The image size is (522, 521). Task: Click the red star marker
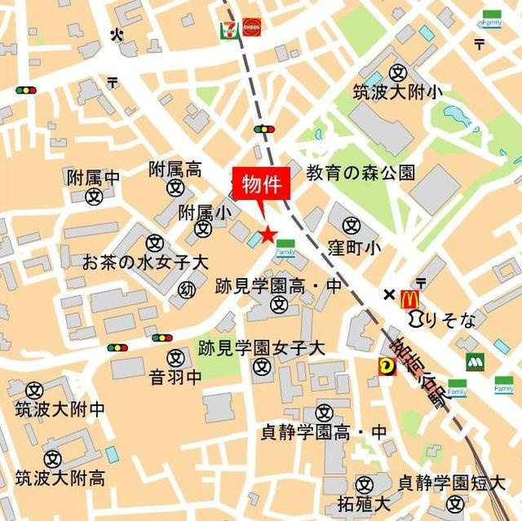tap(268, 235)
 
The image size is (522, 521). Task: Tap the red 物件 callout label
tap(263, 184)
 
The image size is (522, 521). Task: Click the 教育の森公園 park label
tap(361, 172)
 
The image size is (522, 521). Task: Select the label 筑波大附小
tap(398, 92)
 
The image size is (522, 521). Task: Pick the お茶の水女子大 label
tap(146, 263)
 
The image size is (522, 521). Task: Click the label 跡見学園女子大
tap(262, 348)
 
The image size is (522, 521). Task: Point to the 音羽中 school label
tap(175, 378)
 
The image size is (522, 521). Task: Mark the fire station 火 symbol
tap(117, 33)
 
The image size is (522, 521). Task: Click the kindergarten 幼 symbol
tap(188, 289)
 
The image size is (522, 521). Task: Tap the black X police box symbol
tap(389, 294)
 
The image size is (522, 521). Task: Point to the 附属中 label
tap(94, 177)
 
